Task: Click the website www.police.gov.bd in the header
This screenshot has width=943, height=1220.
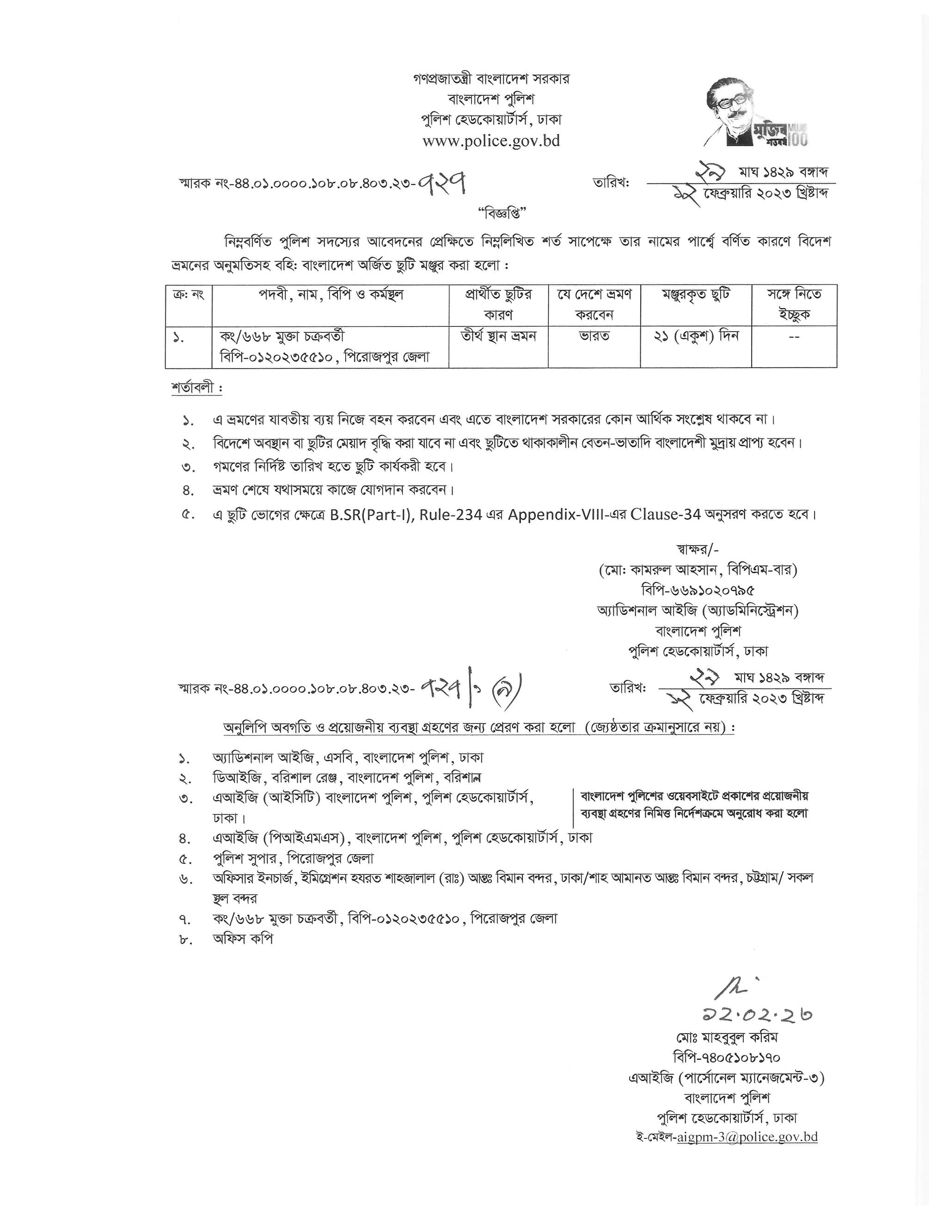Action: [491, 141]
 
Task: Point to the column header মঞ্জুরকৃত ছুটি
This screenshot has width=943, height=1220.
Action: [696, 294]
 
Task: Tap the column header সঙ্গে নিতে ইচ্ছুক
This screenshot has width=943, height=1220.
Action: [793, 304]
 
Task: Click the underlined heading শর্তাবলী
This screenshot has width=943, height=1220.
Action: [196, 388]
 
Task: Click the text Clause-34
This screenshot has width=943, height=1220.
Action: [665, 514]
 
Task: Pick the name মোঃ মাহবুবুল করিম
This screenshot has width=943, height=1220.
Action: [726, 1037]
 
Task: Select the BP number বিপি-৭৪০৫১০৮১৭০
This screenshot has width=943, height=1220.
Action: [726, 1057]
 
